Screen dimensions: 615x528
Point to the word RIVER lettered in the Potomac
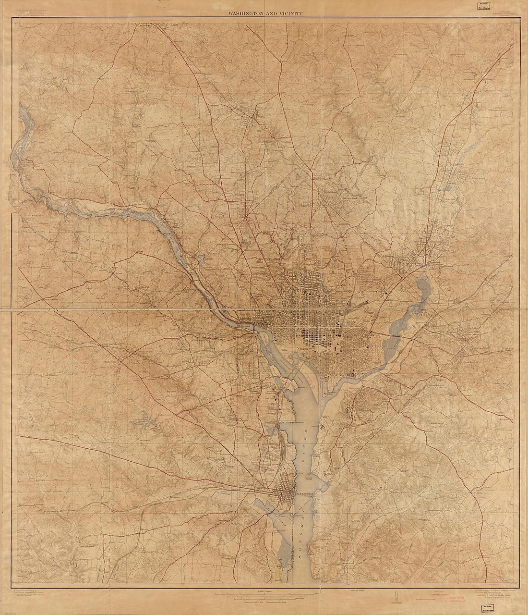tap(304, 445)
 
